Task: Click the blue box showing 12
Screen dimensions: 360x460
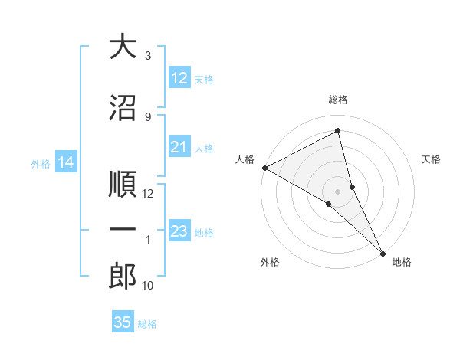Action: [179, 78]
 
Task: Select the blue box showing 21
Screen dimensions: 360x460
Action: [179, 147]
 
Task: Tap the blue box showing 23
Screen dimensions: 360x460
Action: [179, 231]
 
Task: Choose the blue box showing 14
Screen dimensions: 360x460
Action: [66, 162]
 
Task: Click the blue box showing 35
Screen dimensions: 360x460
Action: [123, 322]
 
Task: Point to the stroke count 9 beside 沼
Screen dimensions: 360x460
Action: [147, 116]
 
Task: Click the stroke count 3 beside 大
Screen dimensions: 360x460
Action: [147, 56]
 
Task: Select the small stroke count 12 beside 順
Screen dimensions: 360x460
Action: [148, 194]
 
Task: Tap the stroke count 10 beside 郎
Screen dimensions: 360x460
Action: [148, 286]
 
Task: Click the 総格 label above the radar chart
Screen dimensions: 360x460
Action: [338, 100]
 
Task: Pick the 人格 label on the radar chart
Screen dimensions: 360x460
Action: [245, 159]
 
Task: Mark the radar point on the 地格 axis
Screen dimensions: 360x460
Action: [382, 252]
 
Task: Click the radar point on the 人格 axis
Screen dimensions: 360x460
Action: [264, 168]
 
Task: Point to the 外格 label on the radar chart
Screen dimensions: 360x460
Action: [270, 263]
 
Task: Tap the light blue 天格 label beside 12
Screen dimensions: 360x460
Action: [204, 79]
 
